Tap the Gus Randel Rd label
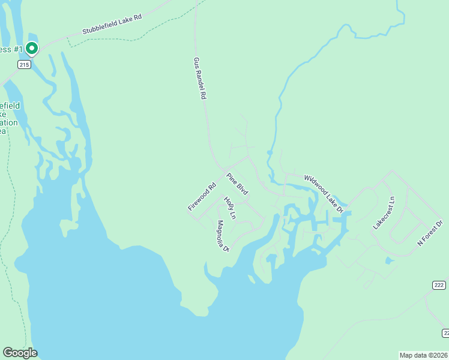(199, 79)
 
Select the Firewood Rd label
(202, 197)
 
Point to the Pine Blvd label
(237, 184)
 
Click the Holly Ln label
(230, 208)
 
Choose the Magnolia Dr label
(223, 236)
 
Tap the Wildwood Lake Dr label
(323, 194)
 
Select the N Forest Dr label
(430, 233)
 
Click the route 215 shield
(24, 65)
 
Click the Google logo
(20, 353)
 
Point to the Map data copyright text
(423, 355)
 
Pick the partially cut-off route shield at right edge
(445, 332)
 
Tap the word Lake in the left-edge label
(3, 114)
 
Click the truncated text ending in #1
(10, 49)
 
